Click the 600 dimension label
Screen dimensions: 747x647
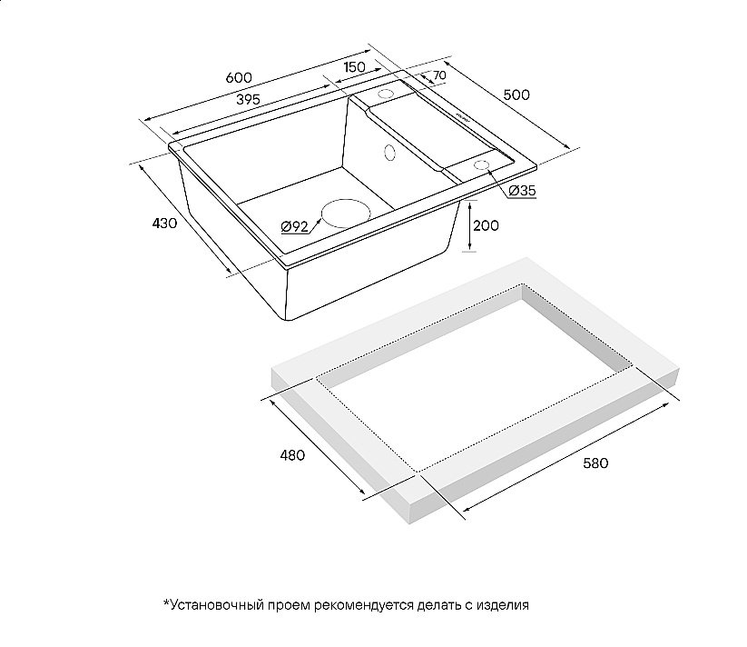(239, 78)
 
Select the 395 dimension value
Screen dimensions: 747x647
(248, 100)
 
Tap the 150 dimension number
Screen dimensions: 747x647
(354, 66)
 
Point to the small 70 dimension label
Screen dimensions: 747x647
(439, 75)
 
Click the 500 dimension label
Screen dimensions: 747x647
(516, 95)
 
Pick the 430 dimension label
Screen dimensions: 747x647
(164, 223)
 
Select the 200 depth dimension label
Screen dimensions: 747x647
(486, 225)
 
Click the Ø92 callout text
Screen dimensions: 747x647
(294, 226)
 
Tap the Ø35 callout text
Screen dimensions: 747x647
(523, 191)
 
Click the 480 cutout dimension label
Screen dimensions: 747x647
(292, 455)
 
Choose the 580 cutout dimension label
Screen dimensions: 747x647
(596, 463)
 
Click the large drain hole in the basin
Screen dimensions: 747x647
(346, 214)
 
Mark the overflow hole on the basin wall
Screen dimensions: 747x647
(389, 153)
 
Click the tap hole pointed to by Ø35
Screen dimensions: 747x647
(481, 165)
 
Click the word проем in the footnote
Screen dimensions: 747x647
(289, 606)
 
